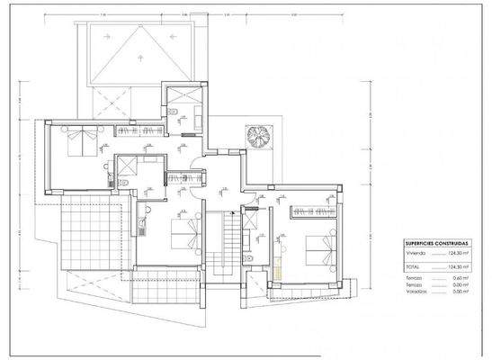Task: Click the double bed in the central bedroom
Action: click(x=183, y=233)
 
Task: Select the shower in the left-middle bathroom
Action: click(x=127, y=166)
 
